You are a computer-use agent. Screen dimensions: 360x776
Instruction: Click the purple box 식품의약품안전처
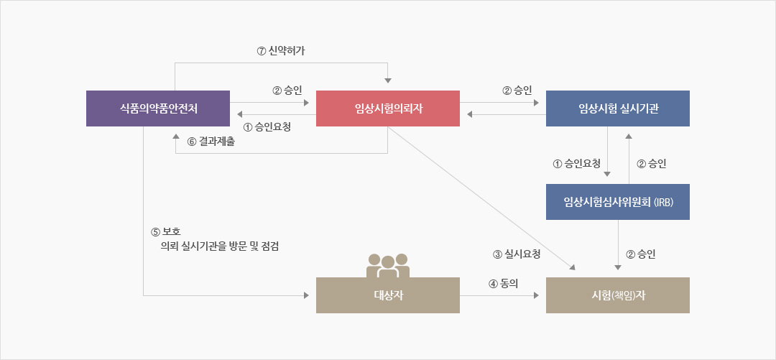pos(158,109)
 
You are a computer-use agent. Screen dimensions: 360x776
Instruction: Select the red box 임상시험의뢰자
pos(388,109)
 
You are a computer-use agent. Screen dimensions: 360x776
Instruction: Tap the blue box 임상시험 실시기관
pos(618,109)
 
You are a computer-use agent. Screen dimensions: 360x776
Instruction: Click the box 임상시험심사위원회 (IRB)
pos(618,202)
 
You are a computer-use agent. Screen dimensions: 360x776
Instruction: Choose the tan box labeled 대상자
pos(388,295)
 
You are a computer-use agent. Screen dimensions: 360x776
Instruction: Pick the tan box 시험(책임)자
pos(618,295)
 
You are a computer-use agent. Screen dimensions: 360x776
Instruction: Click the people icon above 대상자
pos(388,265)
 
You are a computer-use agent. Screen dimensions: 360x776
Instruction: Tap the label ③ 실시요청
pos(517,254)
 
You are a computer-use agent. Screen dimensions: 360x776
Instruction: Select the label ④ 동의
pos(503,283)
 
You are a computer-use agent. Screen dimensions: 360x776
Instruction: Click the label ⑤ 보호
pos(166,232)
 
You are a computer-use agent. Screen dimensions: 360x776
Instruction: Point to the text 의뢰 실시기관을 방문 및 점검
pos(221,246)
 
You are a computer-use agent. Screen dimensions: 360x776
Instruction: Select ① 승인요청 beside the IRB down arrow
pos(577,164)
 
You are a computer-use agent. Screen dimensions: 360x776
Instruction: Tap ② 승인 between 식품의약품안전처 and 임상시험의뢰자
pos(287,91)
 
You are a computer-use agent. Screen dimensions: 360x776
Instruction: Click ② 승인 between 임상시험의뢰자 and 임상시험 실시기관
pos(517,91)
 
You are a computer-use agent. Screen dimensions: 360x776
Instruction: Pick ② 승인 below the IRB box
pos(641,254)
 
